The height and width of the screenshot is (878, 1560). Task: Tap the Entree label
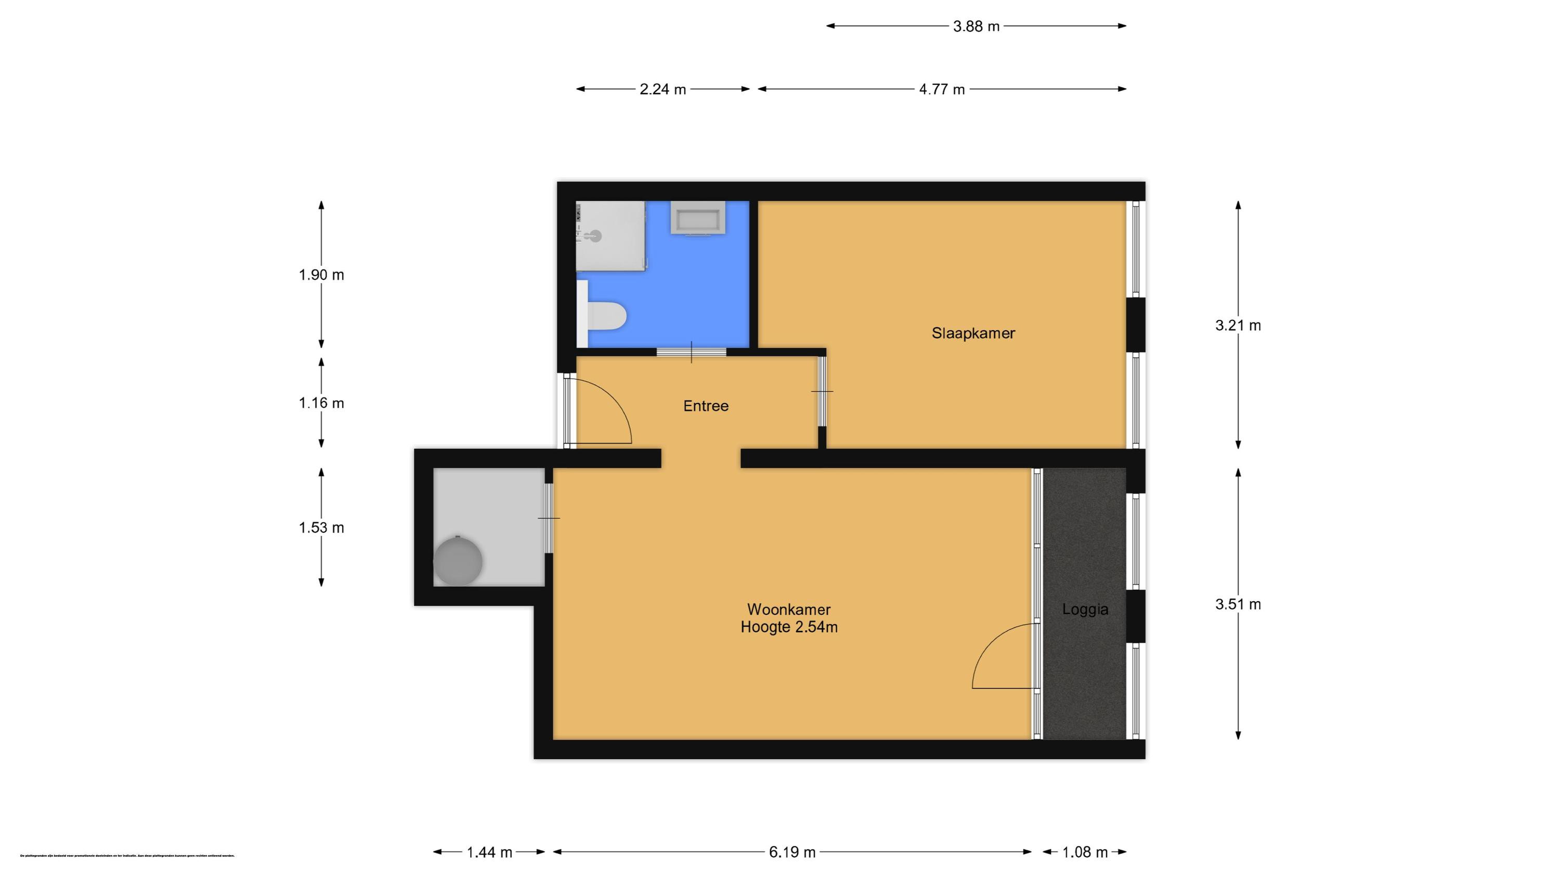706,406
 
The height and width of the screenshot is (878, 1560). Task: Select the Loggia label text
1085,610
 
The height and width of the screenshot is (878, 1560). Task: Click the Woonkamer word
788,609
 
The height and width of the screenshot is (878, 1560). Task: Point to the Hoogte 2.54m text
788,627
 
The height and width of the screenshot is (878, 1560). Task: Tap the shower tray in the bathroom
610,236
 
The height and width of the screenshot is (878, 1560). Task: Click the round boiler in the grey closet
458,561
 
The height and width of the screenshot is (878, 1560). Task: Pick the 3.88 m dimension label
976,27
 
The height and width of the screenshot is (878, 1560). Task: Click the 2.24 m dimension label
662,89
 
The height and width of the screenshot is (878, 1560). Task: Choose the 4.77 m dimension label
941,89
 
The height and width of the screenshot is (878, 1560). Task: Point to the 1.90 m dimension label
321,275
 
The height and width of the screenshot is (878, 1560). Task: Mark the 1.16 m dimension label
321,403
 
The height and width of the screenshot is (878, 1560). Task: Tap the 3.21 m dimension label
1238,326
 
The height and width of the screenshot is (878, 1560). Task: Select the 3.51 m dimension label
1238,604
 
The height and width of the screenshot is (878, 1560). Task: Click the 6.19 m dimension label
792,853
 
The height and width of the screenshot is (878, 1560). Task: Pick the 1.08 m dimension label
1085,853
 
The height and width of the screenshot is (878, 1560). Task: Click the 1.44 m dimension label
489,853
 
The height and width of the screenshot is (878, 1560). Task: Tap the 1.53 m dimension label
321,528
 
